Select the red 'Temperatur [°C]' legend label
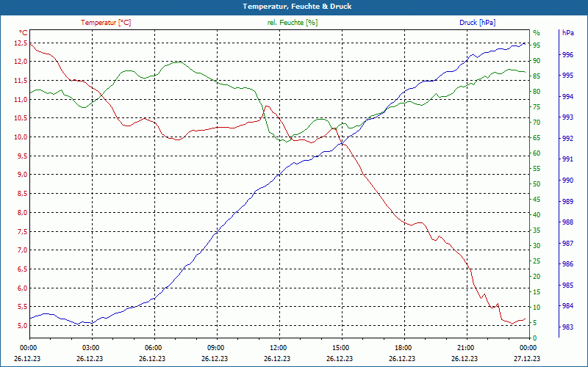(x=106, y=23)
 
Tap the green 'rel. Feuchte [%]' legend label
(x=293, y=23)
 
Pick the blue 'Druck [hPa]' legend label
(x=477, y=23)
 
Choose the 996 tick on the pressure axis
(x=567, y=55)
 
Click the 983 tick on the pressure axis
(x=567, y=327)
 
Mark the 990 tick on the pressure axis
(x=567, y=181)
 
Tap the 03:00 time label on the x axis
(x=91, y=348)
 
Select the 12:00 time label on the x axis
(x=279, y=348)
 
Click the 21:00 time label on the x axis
(x=465, y=348)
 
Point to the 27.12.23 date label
(x=526, y=359)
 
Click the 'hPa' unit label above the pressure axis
(x=568, y=33)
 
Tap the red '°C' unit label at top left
(x=23, y=33)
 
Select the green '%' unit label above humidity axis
(x=537, y=33)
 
